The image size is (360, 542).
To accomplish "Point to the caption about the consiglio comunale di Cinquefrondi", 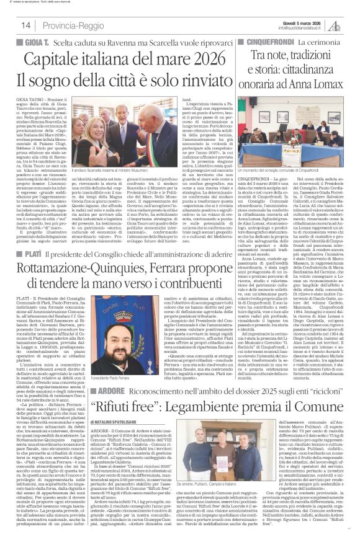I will pos(286,169).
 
